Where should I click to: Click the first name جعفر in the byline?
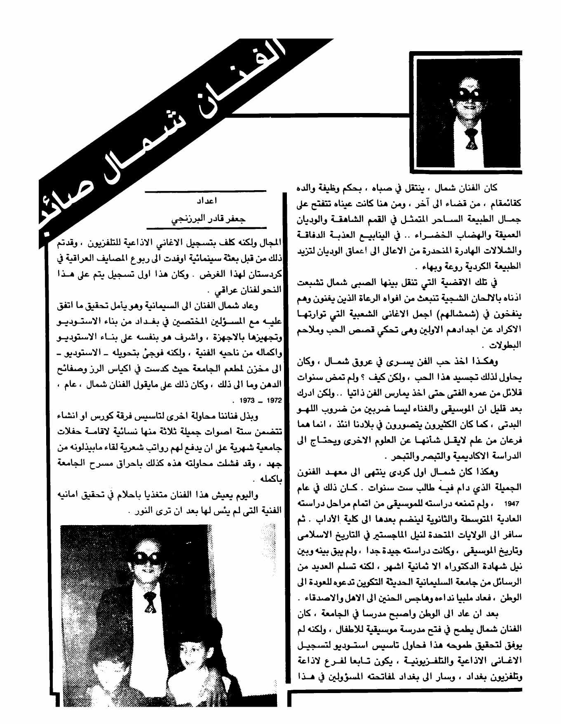tap(236, 219)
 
